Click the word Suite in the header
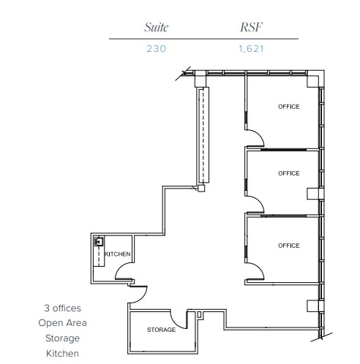pyautogui.click(x=156, y=28)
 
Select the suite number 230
pyautogui.click(x=156, y=50)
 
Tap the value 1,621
pyautogui.click(x=250, y=50)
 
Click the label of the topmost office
pyautogui.click(x=288, y=107)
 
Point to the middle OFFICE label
pyautogui.click(x=288, y=173)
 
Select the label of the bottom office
pyautogui.click(x=288, y=245)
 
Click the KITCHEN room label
pyautogui.click(x=118, y=254)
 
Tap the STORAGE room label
pyautogui.click(x=161, y=330)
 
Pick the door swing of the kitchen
pyautogui.click(x=124, y=278)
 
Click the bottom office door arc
pyautogui.click(x=253, y=275)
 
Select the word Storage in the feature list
pyautogui.click(x=61, y=338)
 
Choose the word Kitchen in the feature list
pyautogui.click(x=61, y=354)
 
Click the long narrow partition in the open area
pyautogui.click(x=201, y=135)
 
